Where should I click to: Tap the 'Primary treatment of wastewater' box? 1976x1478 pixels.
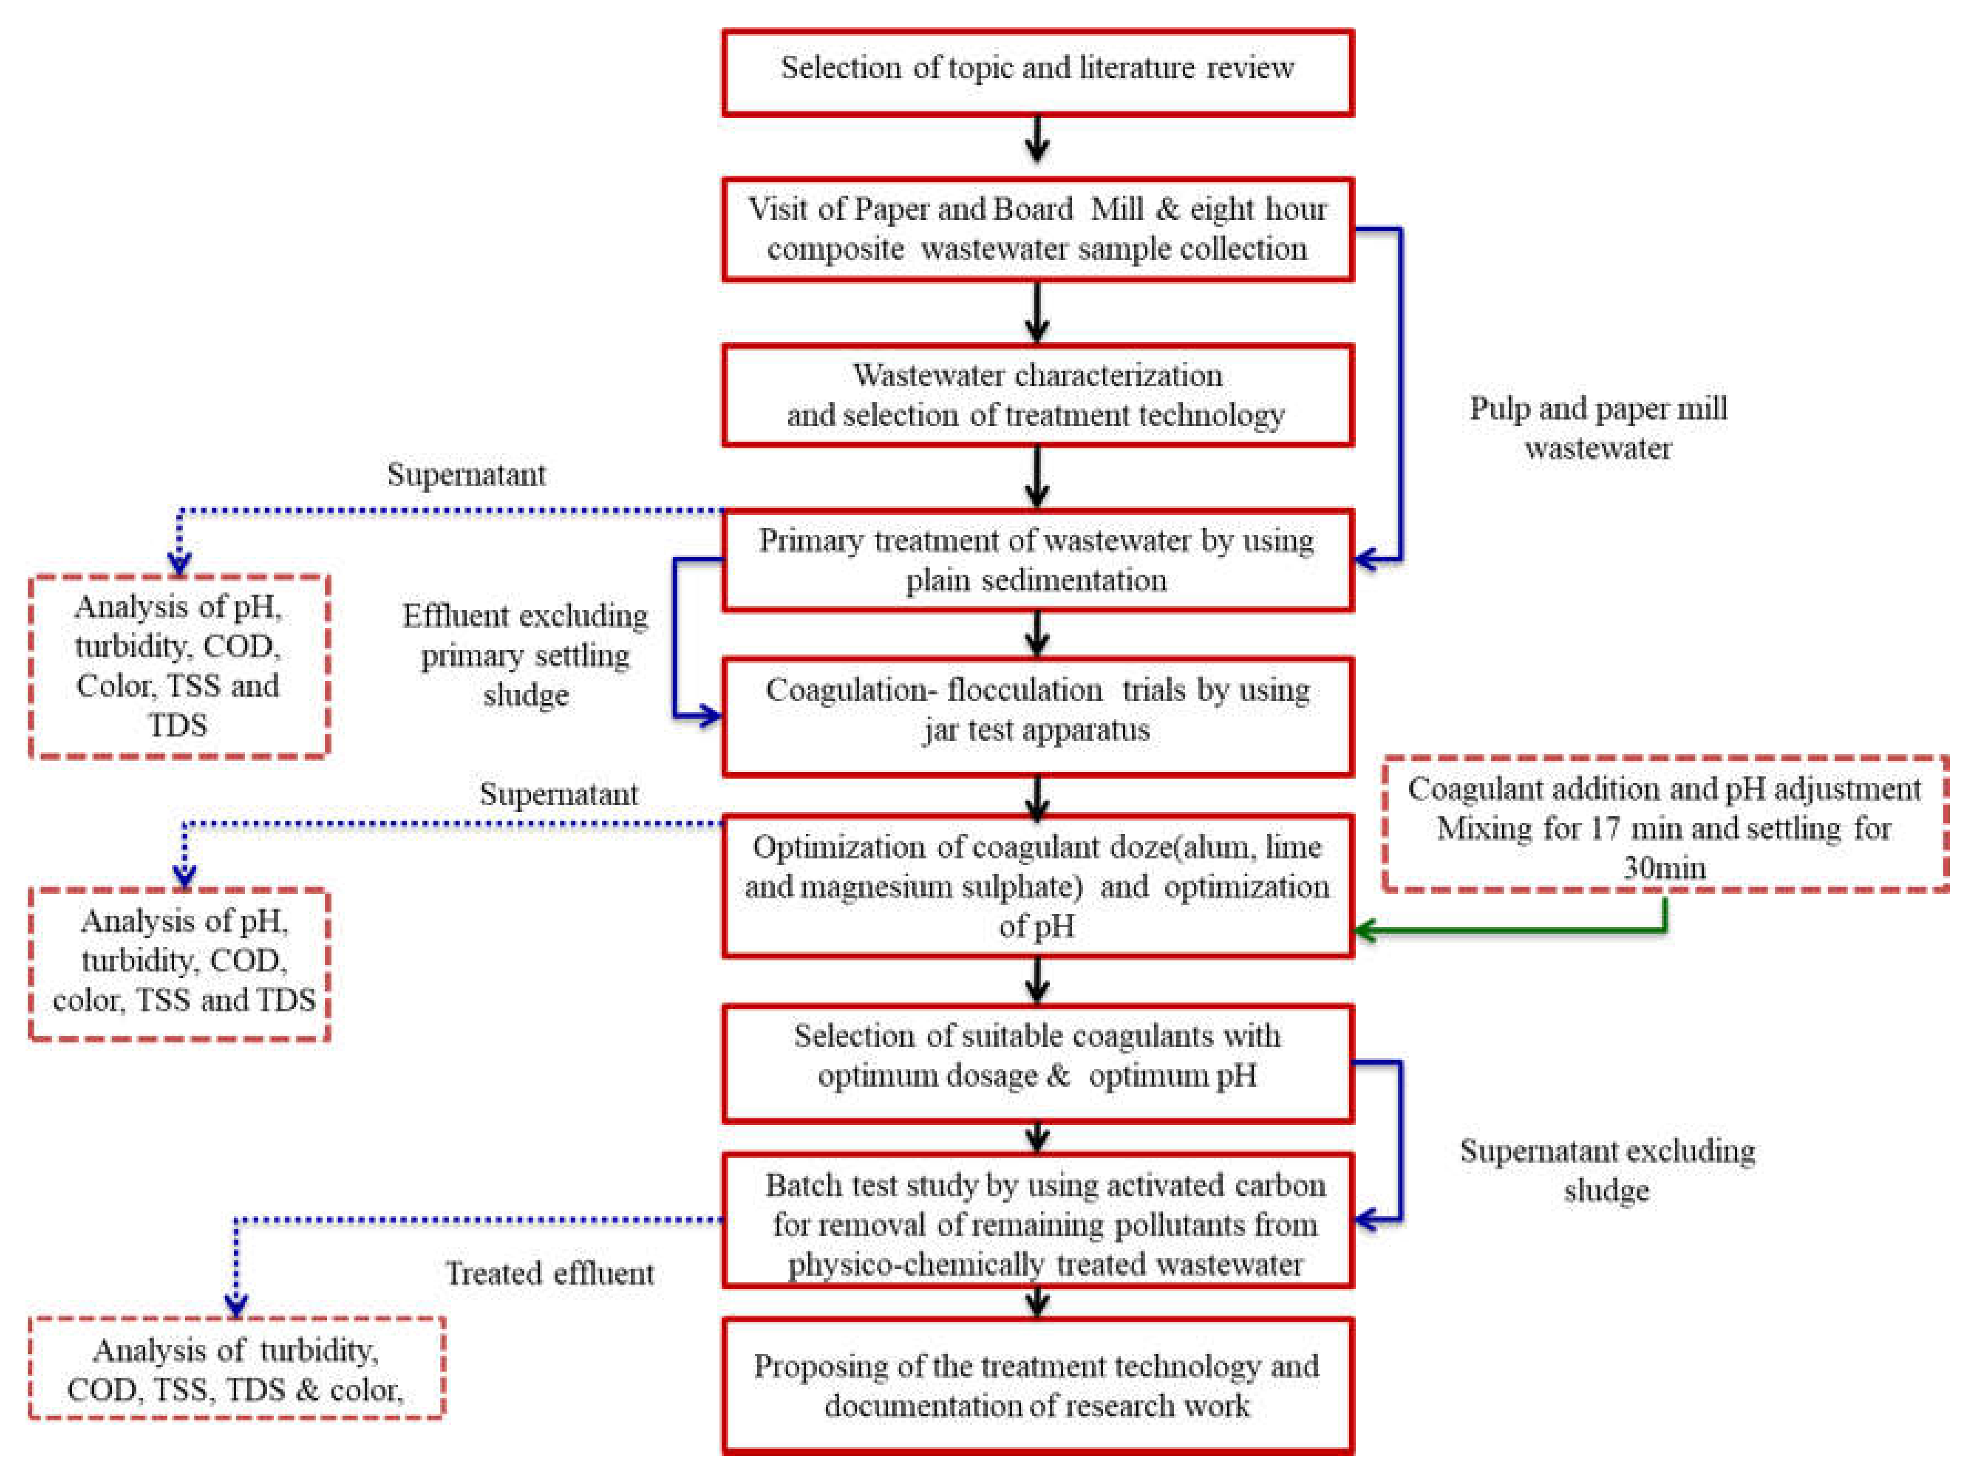pos(1037,560)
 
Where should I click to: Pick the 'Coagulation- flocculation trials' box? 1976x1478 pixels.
pos(1037,714)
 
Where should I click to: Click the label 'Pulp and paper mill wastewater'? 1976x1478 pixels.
pos(1598,428)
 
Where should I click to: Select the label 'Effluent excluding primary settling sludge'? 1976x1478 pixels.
pos(525,654)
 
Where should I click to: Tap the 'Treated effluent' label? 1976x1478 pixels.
pos(549,1272)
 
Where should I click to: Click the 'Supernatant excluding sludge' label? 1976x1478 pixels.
pos(1607,1170)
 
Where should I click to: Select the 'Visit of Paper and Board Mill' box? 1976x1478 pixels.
pos(1037,229)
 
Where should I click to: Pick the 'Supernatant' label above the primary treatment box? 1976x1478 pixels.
pos(466,474)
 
